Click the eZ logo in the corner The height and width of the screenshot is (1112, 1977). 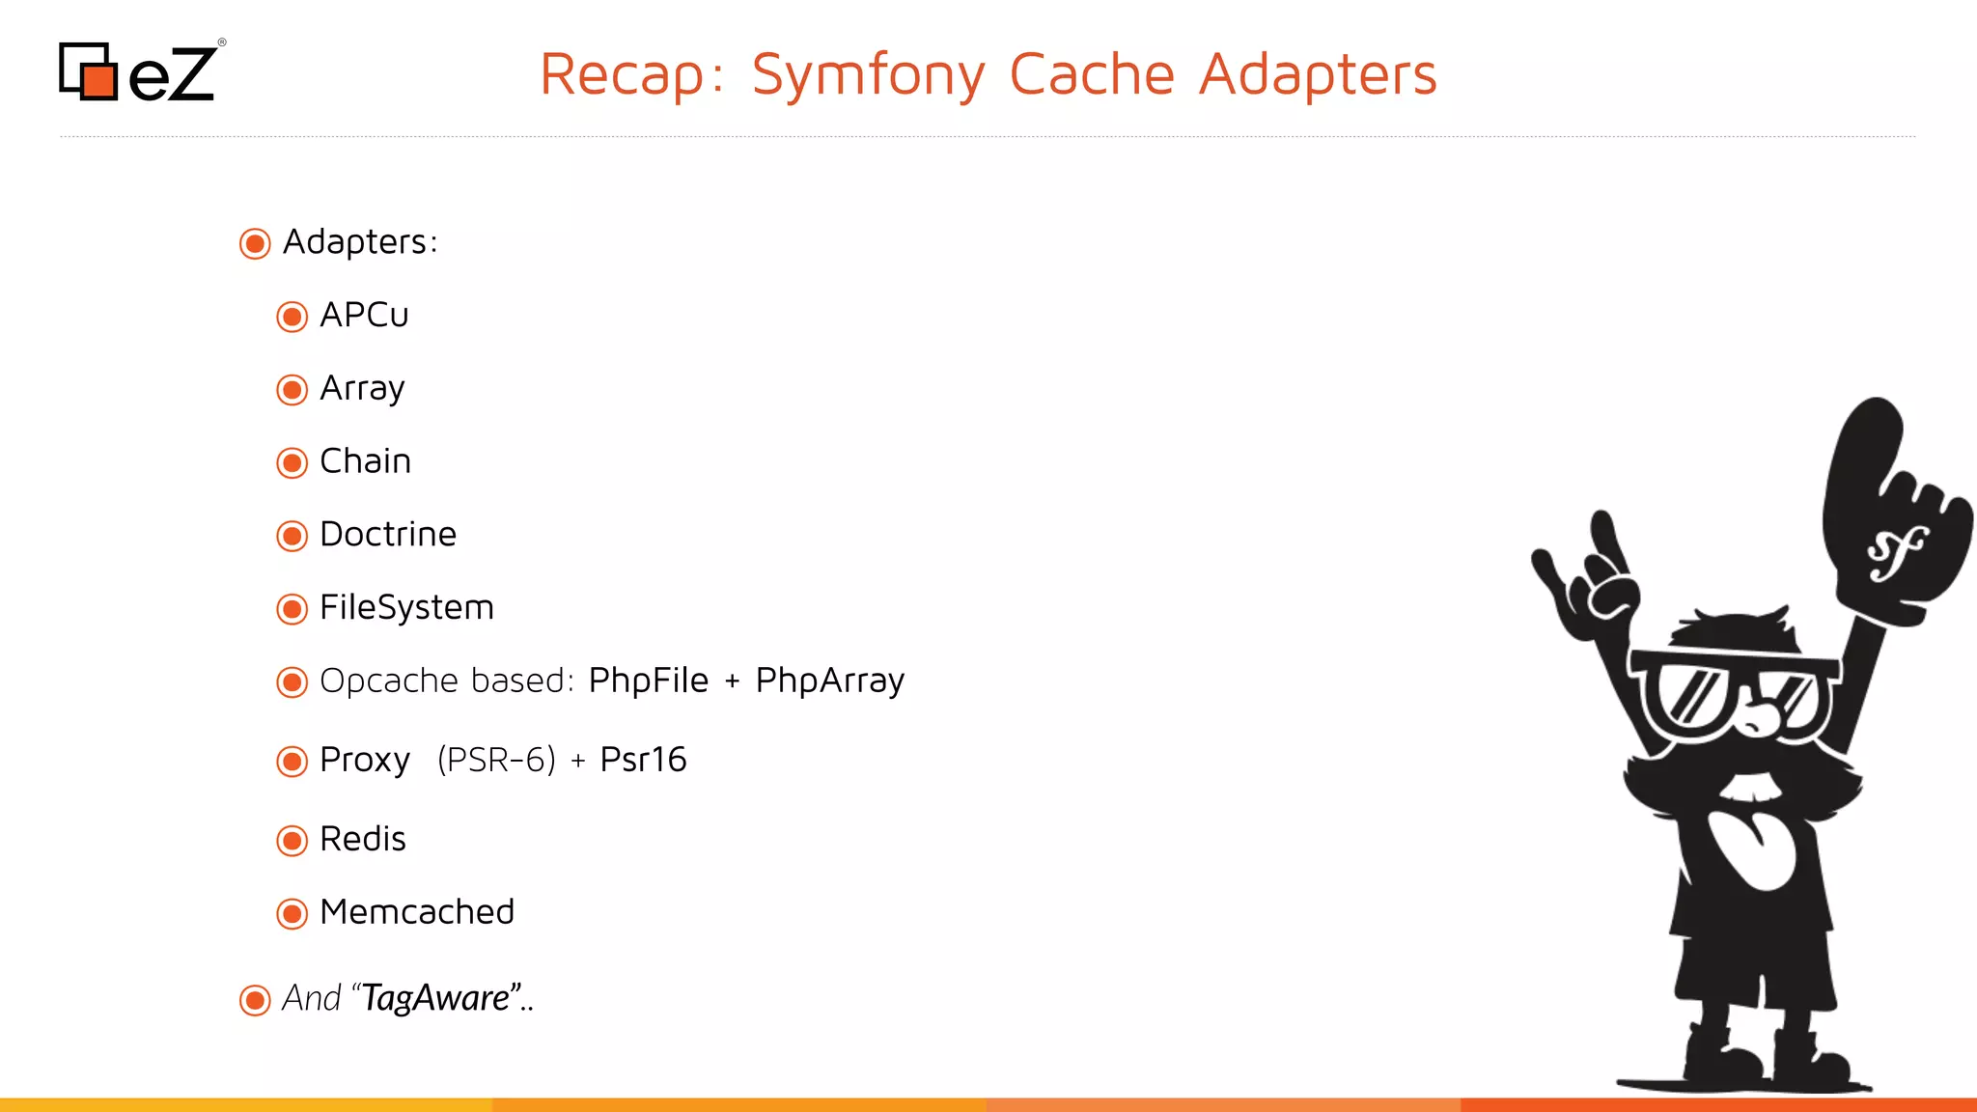[x=140, y=71]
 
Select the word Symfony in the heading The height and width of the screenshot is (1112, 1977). [x=868, y=75]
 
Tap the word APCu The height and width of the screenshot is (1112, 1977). [x=364, y=316]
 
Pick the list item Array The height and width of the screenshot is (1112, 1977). [x=362, y=389]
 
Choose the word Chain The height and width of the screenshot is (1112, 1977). [x=365, y=461]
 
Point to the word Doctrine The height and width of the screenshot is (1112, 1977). [x=387, y=535]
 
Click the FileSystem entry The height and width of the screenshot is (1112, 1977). [x=406, y=608]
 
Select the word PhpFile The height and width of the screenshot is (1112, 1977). [x=648, y=681]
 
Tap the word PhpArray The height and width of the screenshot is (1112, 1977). [x=829, y=681]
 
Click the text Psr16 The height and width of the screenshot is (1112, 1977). [x=643, y=760]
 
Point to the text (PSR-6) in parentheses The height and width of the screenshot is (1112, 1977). [x=496, y=760]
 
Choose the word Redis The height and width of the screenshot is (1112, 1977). [x=362, y=839]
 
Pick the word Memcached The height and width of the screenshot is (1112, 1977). [x=417, y=912]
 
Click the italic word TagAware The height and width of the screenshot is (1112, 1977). [x=435, y=998]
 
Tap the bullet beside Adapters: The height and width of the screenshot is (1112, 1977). [x=255, y=243]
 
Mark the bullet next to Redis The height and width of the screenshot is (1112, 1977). [x=292, y=841]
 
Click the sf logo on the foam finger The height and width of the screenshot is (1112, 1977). [x=1896, y=553]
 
